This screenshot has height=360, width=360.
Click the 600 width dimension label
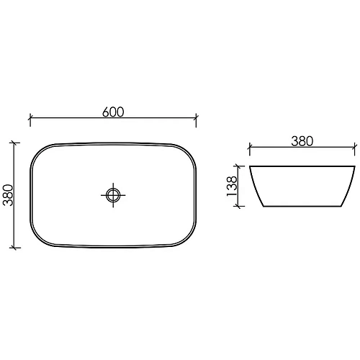(x=113, y=112)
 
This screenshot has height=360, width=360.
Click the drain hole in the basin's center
(x=112, y=194)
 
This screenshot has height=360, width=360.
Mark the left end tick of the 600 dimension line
(x=30, y=118)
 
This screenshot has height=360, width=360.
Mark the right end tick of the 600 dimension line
(x=197, y=118)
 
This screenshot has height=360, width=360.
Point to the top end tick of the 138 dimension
(x=241, y=166)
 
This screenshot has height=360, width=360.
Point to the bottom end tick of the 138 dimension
(x=241, y=210)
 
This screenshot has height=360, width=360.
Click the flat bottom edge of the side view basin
(x=302, y=209)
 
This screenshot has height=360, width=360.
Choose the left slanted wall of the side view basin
(x=256, y=189)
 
